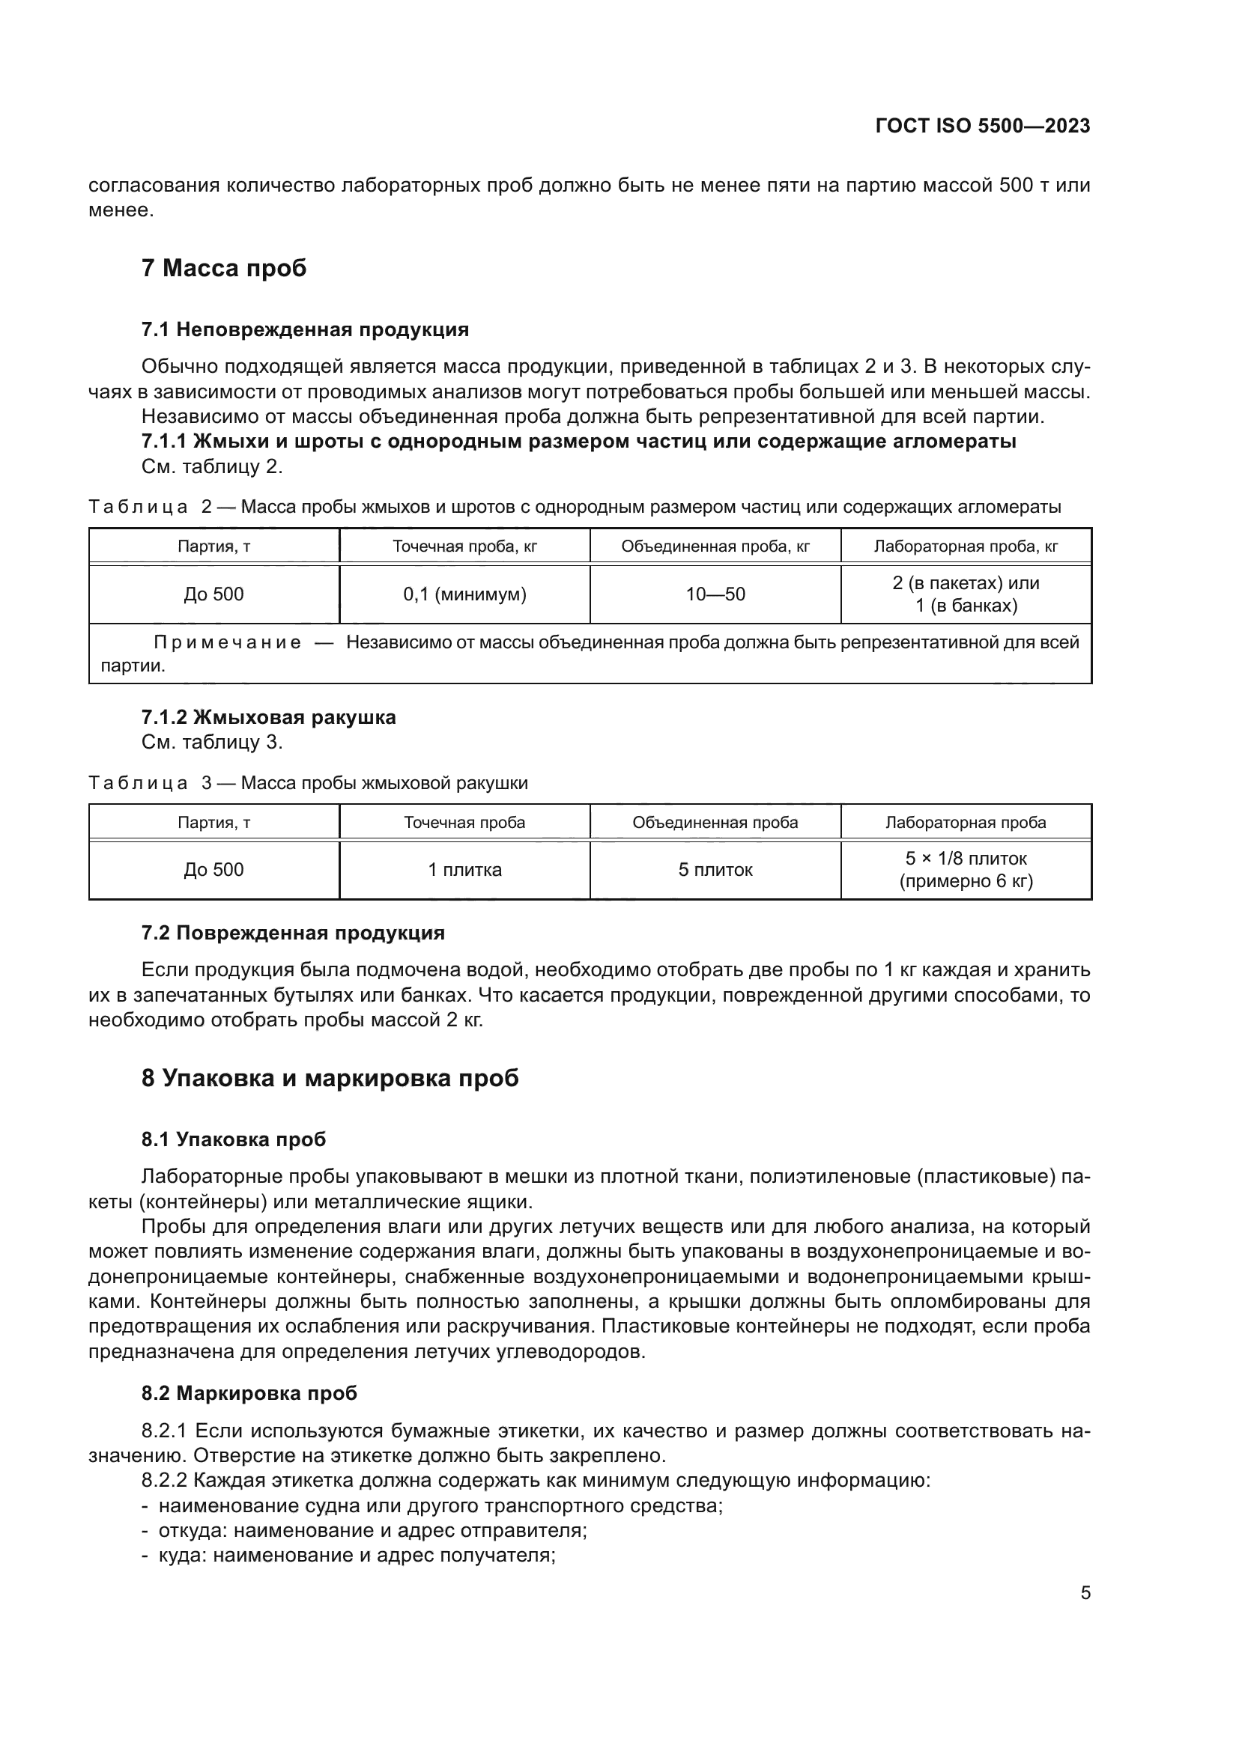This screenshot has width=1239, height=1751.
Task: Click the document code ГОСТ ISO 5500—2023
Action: (983, 126)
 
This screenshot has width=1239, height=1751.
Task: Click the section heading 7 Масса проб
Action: (223, 269)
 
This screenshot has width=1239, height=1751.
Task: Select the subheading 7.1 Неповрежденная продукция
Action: (304, 329)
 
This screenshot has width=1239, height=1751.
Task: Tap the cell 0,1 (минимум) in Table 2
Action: (464, 594)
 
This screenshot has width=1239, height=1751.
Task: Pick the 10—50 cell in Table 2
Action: (715, 594)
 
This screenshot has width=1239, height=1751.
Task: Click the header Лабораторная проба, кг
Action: (965, 546)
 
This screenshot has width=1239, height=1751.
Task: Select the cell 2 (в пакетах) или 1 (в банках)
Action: (965, 594)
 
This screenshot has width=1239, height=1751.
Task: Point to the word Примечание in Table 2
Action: (228, 642)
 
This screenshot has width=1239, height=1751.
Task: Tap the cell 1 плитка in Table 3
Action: (464, 869)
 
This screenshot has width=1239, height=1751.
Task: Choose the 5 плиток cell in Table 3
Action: (715, 869)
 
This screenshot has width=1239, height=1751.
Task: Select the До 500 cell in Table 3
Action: (213, 869)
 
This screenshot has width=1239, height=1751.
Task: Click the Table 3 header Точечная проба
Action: (464, 822)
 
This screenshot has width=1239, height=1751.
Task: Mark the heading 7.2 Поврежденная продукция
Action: (292, 933)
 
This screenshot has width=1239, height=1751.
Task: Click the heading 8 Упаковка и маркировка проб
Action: (330, 1077)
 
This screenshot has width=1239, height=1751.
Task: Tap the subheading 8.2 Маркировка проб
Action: (249, 1393)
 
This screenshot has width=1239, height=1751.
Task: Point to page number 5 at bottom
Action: (1085, 1593)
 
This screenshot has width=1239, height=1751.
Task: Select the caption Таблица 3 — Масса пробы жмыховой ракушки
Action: (308, 783)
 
